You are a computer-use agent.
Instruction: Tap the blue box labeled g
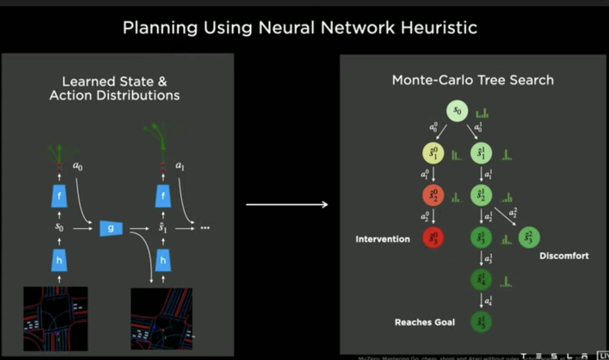(x=111, y=228)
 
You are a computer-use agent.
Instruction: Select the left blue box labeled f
(x=59, y=196)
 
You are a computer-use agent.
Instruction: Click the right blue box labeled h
(x=163, y=260)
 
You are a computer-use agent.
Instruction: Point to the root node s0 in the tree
(x=457, y=111)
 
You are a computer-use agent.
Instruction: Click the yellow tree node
(x=433, y=154)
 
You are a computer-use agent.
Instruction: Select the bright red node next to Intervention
(x=433, y=238)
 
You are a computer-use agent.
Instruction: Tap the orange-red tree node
(x=433, y=195)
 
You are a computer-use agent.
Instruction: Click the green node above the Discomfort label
(x=529, y=237)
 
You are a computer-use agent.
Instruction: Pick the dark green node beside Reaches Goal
(x=481, y=322)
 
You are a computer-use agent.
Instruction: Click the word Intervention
(x=383, y=239)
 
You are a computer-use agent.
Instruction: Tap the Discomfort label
(x=564, y=256)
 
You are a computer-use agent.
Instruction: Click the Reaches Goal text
(x=425, y=322)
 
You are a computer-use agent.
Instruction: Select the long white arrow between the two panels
(x=287, y=204)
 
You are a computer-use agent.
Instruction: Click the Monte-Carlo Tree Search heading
(x=473, y=80)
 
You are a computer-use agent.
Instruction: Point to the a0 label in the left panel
(x=78, y=166)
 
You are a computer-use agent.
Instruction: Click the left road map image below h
(x=56, y=319)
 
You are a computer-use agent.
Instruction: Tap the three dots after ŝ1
(x=205, y=228)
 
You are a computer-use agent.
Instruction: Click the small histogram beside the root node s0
(x=482, y=113)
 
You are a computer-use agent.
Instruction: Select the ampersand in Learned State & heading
(x=162, y=82)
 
